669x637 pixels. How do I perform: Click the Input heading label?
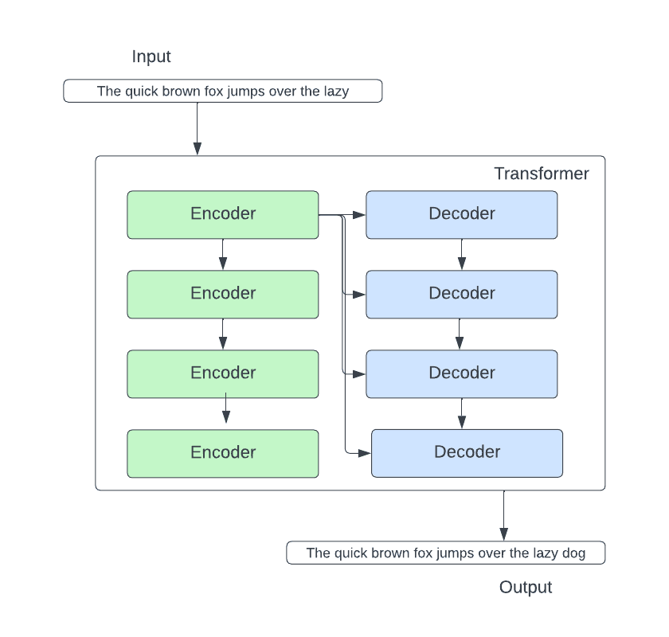151,57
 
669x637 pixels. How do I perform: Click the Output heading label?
525,588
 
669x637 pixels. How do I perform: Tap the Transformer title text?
541,174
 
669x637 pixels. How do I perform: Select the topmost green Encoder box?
223,214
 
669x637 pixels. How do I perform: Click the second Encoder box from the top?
223,294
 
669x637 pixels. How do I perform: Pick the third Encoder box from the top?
223,373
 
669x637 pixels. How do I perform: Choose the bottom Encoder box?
223,453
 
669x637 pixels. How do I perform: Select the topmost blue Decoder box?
462,214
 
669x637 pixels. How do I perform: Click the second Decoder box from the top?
462,294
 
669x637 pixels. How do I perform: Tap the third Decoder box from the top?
462,373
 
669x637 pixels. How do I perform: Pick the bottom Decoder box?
468,453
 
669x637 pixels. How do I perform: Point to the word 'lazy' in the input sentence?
334,91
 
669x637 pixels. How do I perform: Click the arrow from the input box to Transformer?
197,127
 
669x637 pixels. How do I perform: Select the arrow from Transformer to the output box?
503,516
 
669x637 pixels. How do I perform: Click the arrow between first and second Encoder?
223,255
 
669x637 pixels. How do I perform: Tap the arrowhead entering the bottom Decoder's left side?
366,453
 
